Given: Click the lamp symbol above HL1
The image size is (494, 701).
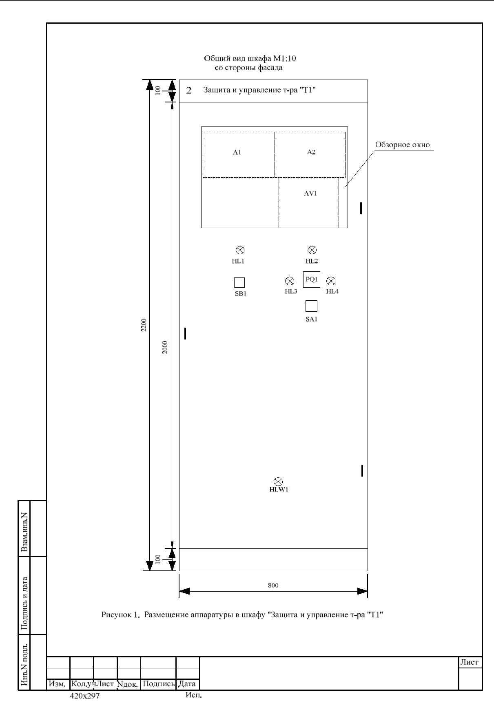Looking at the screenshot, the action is coord(240,250).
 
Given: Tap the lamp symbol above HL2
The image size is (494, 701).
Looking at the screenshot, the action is coord(312,250).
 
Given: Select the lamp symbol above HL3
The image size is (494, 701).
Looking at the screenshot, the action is coord(290,281).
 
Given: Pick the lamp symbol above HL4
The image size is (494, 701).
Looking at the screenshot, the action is coord(331,281).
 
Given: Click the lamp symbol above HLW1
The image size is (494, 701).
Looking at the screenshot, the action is coord(278,481).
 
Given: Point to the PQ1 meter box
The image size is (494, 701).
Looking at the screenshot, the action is coord(311,280).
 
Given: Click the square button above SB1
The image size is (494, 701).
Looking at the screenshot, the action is coord(239,282).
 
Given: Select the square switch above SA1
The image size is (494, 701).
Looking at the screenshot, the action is coord(311,306).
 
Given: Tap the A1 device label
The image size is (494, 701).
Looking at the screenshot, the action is coord(237,152).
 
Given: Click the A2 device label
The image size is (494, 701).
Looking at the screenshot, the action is coord(311,152).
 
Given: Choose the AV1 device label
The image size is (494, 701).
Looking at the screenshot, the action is coord(310,193).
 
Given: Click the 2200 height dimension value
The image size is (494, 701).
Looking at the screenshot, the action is coord(144,325).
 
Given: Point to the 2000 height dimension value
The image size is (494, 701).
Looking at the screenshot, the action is coord(165,347).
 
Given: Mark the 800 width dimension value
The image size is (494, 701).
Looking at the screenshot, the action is coord(273,585).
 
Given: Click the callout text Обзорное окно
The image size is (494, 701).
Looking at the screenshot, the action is coord(403,144).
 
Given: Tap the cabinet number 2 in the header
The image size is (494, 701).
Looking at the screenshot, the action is coord(189,90).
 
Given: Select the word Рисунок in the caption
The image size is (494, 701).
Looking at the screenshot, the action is coord(116,614).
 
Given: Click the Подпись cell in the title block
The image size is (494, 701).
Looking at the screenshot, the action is coord(158,684).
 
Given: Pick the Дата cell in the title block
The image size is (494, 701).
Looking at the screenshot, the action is coord(187,684).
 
